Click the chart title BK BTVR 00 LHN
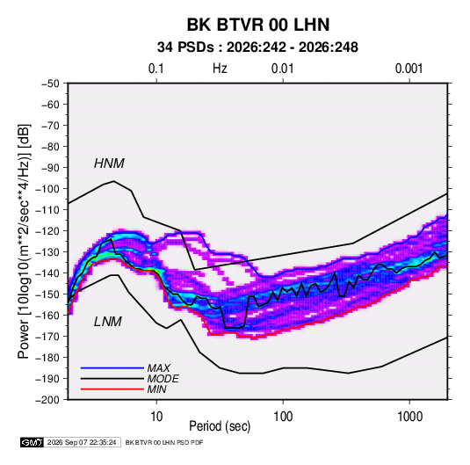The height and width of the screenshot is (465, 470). [258, 25]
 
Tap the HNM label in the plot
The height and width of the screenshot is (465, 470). [109, 163]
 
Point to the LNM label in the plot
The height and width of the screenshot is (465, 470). [108, 322]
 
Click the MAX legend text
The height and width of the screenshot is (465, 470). [158, 367]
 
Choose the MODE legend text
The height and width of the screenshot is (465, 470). [163, 379]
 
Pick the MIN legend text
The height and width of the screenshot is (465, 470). [156, 389]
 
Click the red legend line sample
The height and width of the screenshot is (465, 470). [112, 389]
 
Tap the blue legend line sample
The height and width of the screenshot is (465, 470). [112, 367]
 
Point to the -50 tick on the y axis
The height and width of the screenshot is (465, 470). [50, 84]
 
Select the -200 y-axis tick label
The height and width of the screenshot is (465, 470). [47, 400]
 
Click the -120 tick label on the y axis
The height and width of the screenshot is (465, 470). [47, 231]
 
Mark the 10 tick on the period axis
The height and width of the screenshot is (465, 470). [156, 417]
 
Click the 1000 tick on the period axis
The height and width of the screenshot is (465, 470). [409, 417]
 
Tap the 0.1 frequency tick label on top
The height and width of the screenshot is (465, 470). [156, 69]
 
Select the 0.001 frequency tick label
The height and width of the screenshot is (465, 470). [409, 69]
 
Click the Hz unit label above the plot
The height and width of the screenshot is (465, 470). [220, 69]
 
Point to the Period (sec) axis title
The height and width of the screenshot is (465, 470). [220, 426]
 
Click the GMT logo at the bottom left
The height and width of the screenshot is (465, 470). [33, 442]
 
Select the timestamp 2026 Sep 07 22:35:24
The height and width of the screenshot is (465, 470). [82, 442]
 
